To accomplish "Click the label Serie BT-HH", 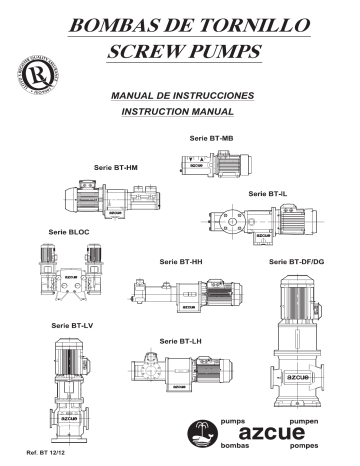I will point(180,261).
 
